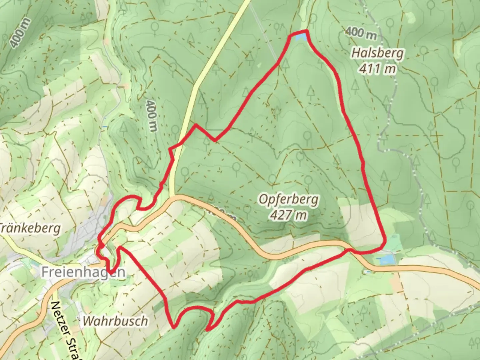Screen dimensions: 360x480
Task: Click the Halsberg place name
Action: (x=378, y=53)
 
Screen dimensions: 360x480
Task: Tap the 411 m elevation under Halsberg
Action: (x=378, y=69)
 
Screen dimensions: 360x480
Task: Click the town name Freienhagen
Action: (x=83, y=272)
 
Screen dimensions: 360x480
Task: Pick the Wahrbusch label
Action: (x=115, y=321)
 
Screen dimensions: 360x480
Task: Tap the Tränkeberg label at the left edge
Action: (x=31, y=229)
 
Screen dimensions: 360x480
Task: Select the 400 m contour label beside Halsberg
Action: (x=361, y=33)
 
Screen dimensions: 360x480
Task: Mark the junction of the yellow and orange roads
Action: (x=172, y=197)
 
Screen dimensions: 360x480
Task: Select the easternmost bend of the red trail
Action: (x=385, y=241)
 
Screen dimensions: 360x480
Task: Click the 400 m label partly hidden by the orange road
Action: (x=222, y=214)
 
